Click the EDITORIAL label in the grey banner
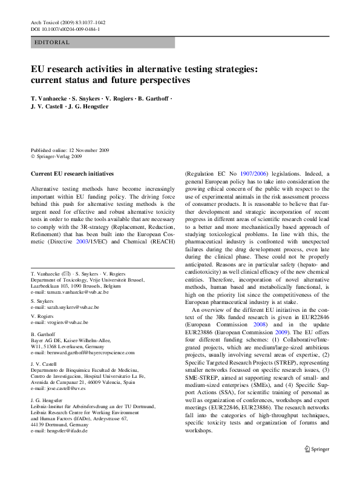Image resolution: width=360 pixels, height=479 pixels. coord(53,42)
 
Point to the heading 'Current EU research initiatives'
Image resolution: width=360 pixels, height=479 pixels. coord(72,173)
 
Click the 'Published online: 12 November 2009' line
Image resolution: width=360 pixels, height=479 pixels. coord(71,150)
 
